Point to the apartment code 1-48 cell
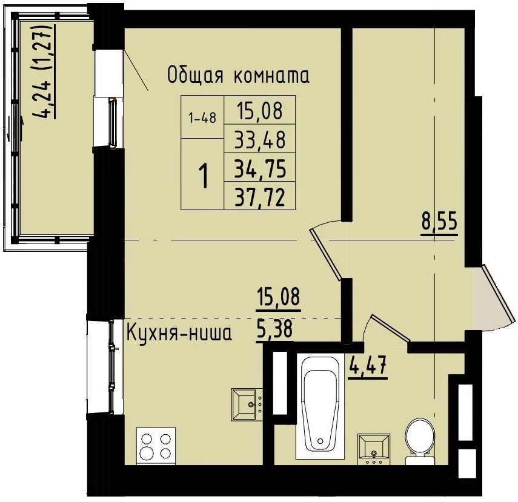(202, 118)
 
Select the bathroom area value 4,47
(368, 366)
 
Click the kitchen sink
(247, 403)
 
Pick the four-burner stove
(156, 445)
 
